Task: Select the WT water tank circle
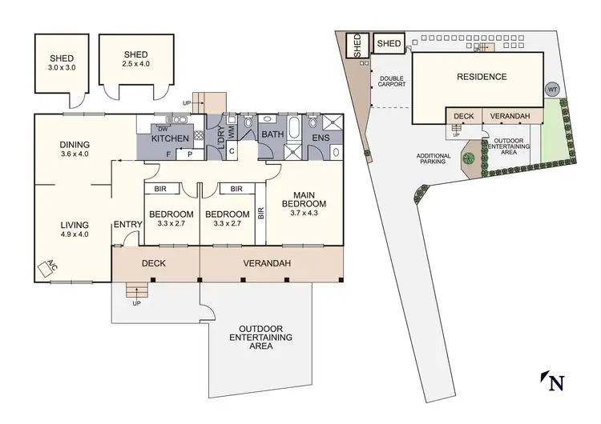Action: pos(552,90)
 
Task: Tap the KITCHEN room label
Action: pos(170,139)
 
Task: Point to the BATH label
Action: pos(272,135)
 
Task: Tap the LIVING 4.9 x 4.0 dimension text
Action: pos(74,236)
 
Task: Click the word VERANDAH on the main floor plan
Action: pos(266,263)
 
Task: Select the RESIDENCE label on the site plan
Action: pos(482,77)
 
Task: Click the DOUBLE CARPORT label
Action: pos(390,82)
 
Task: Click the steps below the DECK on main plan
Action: pos(137,294)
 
